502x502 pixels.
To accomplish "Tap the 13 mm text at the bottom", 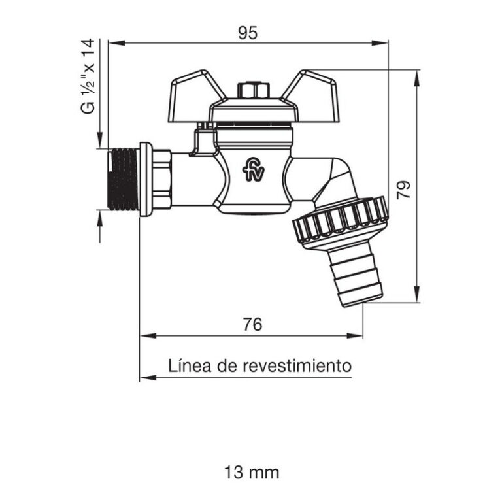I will tap(251, 472).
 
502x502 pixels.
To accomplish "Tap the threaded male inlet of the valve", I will tap(122, 180).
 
